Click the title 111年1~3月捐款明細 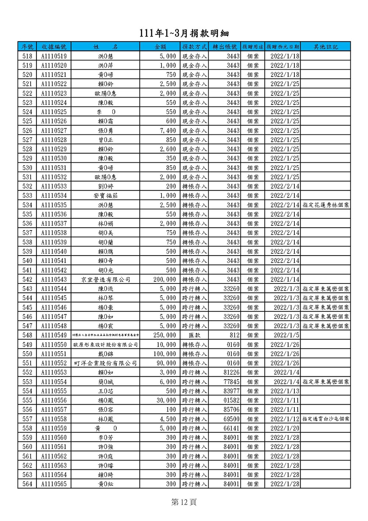(x=184, y=33)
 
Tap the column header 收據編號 (x=54, y=47)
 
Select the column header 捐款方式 (x=195, y=47)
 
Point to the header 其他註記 (x=325, y=47)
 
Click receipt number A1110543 (x=54, y=279)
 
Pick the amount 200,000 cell (x=164, y=279)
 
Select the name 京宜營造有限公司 (x=106, y=279)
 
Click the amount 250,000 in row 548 (x=164, y=335)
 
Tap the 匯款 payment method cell (x=195, y=335)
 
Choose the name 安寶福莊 (x=106, y=196)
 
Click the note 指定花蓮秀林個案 (x=326, y=205)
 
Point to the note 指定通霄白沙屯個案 (x=326, y=419)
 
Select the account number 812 (x=234, y=335)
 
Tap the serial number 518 (x=27, y=56)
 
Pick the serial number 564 (x=27, y=484)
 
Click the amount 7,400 (x=168, y=131)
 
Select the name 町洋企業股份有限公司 (x=106, y=363)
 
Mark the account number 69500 (x=231, y=419)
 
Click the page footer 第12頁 (x=184, y=502)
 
